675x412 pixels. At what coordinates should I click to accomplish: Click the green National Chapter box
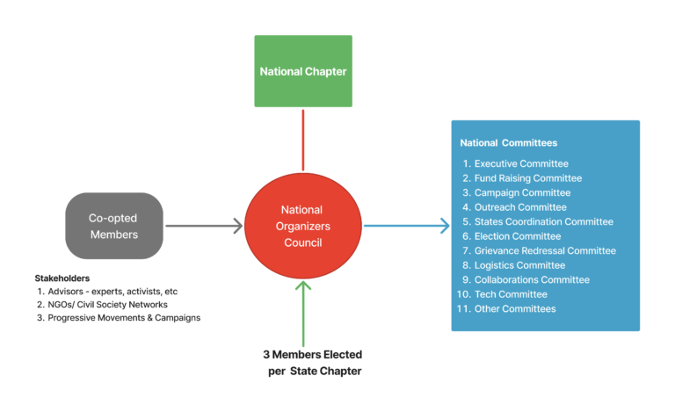pos(303,71)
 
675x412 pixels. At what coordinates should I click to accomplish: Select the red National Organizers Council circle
pos(302,225)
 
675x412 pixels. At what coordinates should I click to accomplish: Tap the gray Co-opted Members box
pos(113,226)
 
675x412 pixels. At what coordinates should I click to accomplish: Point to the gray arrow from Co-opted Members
pos(203,226)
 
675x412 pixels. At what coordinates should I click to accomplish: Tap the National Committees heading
pos(509,142)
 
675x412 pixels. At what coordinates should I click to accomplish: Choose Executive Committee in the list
pos(521,163)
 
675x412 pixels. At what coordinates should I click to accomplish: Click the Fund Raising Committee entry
pos(527,178)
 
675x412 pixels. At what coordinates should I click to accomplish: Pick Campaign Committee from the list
pos(522,192)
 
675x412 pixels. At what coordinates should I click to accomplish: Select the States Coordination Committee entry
pos(543,221)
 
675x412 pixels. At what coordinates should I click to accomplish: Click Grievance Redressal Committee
pos(545,250)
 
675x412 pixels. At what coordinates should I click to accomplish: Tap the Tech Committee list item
pos(510,294)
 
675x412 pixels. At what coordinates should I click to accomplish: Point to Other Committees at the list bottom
pos(514,308)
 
